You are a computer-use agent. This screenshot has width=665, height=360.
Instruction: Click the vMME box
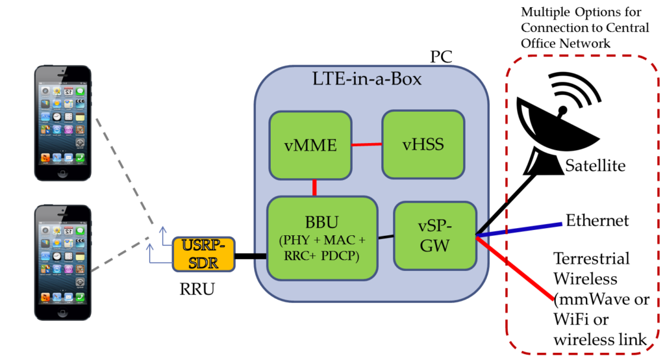pos(310,145)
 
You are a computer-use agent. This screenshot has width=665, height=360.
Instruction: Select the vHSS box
pos(423,144)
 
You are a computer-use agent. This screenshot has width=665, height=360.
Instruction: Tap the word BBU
pos(322,222)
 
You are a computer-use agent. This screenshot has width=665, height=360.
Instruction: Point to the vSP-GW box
pos(434,236)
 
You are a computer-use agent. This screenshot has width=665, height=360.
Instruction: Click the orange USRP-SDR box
pos(203,254)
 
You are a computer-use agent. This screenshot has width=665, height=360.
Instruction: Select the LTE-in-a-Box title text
pos(367,80)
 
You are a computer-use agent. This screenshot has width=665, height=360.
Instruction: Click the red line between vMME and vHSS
pos(366,144)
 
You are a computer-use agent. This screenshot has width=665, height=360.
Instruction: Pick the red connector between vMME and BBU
pos(314,187)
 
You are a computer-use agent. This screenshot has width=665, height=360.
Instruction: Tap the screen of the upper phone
pos(62,124)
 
